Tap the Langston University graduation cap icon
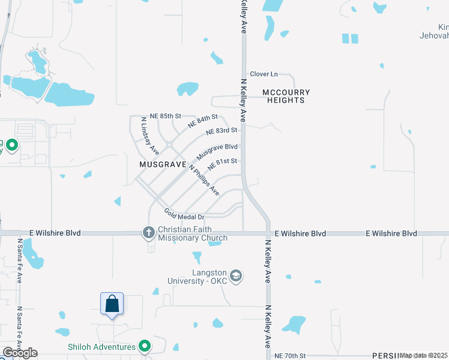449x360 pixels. pos(237,275)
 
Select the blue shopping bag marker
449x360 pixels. pos(112,304)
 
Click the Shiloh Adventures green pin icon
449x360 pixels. pos(144,346)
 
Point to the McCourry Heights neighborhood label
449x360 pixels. pos(286,96)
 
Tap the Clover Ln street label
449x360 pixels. pos(264,74)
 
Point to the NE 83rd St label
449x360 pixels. pos(221,131)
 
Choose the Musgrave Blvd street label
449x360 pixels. pos(217,151)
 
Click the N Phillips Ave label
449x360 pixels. pos(204,179)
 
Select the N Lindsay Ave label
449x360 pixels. pos(149,134)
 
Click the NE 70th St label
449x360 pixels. pos(291,356)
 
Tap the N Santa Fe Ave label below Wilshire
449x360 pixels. pos(20,260)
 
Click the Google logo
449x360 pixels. pos(20,353)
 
